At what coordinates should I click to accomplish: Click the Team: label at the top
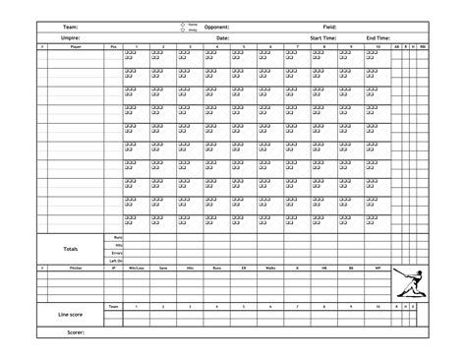pyautogui.click(x=72, y=28)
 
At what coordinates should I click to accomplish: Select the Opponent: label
pyautogui.click(x=217, y=28)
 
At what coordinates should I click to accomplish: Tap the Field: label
pyautogui.click(x=329, y=28)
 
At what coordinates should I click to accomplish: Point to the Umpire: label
pyautogui.click(x=71, y=37)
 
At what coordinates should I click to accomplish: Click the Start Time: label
pyautogui.click(x=323, y=37)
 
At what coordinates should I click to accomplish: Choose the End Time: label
pyautogui.click(x=379, y=37)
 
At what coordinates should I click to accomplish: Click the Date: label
pyautogui.click(x=222, y=37)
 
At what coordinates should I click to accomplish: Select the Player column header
pyautogui.click(x=76, y=46)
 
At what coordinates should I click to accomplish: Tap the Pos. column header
pyautogui.click(x=114, y=46)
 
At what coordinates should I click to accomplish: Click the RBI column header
pyautogui.click(x=422, y=46)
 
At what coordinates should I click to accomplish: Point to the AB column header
pyautogui.click(x=396, y=46)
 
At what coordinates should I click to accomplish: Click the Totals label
pyautogui.click(x=71, y=248)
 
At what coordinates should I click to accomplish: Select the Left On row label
pyautogui.click(x=116, y=260)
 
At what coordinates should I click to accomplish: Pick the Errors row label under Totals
pyautogui.click(x=117, y=252)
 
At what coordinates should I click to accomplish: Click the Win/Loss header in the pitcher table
pyautogui.click(x=137, y=268)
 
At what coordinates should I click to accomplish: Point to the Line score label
pyautogui.click(x=71, y=315)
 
